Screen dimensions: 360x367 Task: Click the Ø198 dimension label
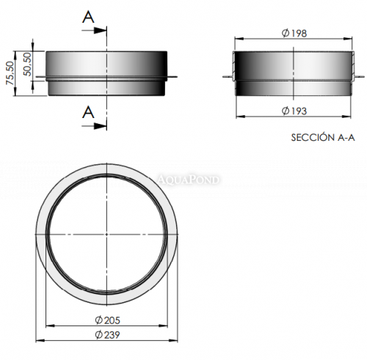[x=294, y=33]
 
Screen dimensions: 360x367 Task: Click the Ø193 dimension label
[x=294, y=111]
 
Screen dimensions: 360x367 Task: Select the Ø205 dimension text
[x=108, y=320]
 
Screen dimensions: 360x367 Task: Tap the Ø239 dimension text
[x=108, y=334]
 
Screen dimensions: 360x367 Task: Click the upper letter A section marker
[x=89, y=16]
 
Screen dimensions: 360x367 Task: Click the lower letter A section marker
[x=89, y=112]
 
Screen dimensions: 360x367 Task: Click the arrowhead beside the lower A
[x=103, y=126]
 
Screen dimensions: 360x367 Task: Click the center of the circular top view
[x=109, y=233]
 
